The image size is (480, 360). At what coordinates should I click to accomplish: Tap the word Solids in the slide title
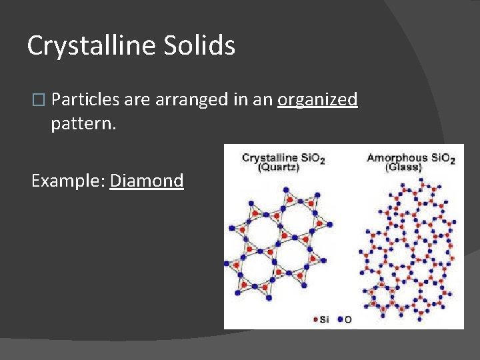click(x=202, y=46)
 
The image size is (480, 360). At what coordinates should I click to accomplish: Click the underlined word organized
click(x=317, y=100)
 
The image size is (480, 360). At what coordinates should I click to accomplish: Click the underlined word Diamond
click(x=147, y=181)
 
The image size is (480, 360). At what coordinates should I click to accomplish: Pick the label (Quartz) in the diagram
click(x=279, y=168)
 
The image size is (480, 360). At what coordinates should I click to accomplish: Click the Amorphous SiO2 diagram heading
click(x=411, y=158)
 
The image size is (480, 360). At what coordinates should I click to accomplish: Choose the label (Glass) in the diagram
click(x=403, y=168)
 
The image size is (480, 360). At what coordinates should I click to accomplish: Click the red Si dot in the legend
click(x=315, y=319)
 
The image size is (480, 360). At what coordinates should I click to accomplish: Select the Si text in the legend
click(x=324, y=319)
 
